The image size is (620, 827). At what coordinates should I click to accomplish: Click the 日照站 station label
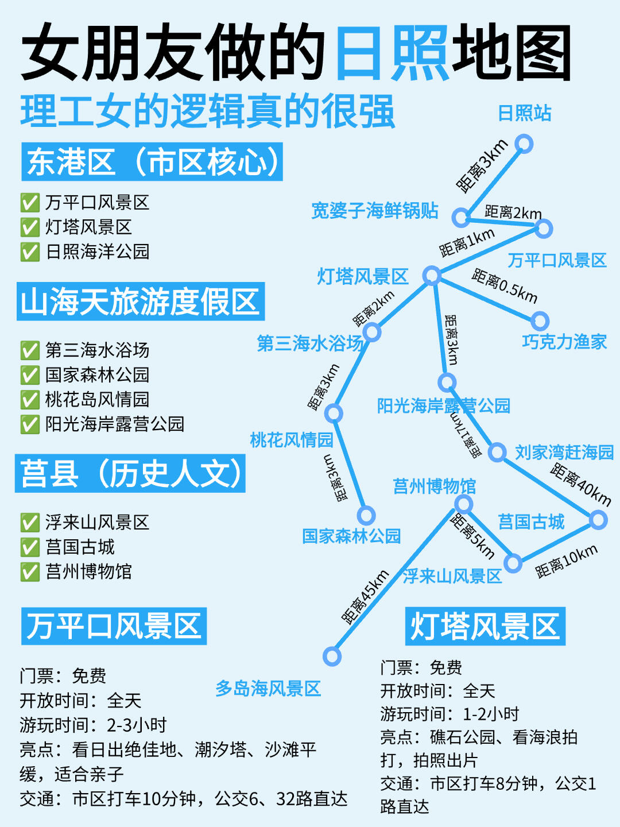524,113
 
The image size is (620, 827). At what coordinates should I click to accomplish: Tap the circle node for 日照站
524,144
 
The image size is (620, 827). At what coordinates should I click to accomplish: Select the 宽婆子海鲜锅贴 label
374,211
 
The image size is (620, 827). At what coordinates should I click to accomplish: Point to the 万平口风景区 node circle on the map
543,229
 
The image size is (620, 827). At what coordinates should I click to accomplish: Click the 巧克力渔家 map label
564,342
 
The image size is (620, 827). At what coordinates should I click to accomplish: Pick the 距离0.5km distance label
505,286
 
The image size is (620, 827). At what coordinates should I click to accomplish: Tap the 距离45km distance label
366,597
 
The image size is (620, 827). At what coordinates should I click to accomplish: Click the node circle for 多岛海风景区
332,656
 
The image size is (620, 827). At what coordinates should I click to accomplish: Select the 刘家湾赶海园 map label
564,453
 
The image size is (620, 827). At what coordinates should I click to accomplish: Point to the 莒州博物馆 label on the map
435,486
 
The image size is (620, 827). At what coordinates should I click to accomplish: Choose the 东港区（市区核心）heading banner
152,162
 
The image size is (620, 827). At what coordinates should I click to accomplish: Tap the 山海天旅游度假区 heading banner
141,302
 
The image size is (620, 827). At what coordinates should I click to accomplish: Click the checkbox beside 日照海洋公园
30,252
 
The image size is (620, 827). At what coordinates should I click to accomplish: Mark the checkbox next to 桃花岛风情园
30,400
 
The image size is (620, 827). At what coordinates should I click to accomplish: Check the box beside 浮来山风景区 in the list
30,523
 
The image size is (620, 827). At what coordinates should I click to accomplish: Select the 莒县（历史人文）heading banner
130,474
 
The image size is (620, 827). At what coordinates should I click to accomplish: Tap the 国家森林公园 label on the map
351,536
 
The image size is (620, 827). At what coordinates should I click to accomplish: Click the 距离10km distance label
566,561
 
